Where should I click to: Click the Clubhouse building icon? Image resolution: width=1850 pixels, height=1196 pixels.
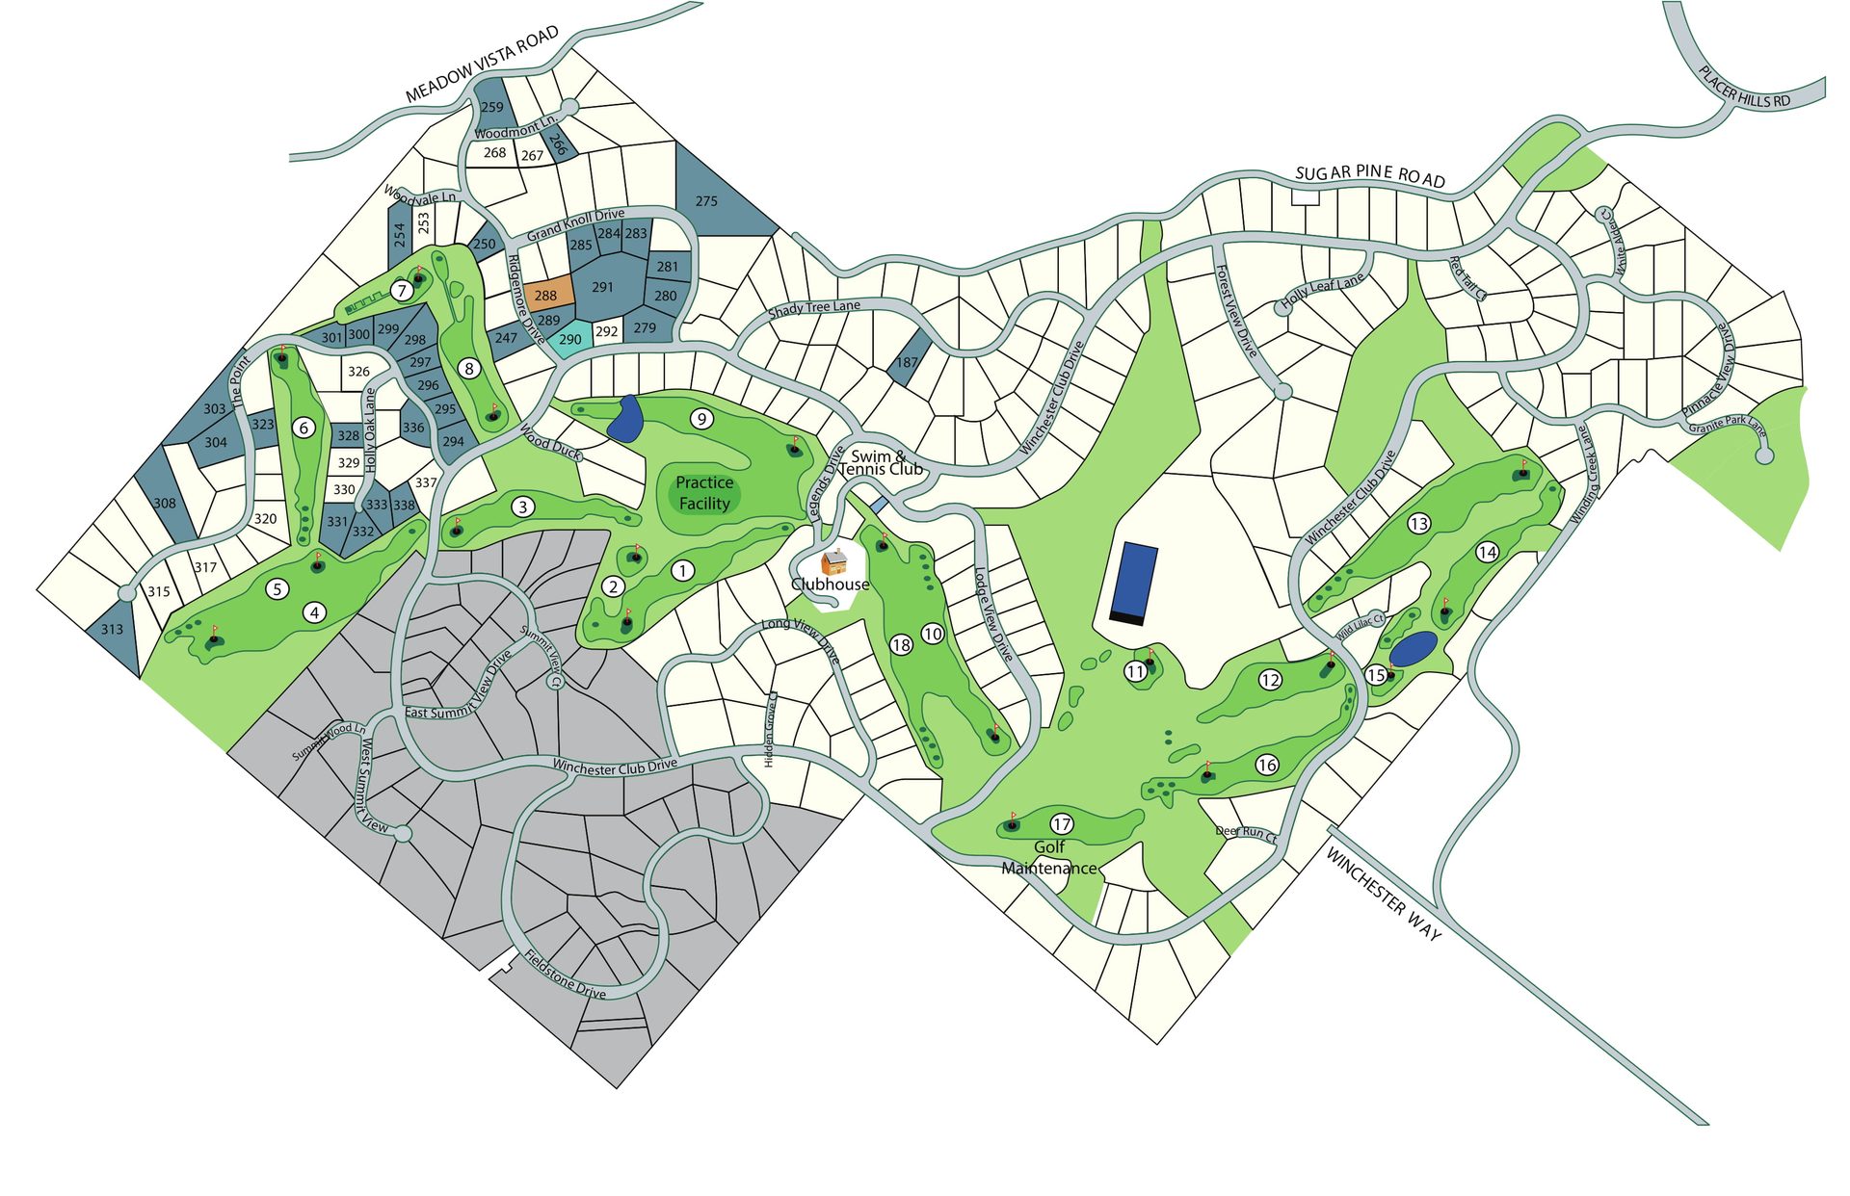tap(833, 561)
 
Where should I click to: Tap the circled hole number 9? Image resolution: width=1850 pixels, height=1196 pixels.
tap(702, 418)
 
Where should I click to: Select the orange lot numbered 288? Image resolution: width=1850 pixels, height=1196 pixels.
tap(546, 295)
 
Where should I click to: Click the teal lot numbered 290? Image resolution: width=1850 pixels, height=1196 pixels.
tap(570, 339)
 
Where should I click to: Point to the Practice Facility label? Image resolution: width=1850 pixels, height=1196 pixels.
tap(704, 493)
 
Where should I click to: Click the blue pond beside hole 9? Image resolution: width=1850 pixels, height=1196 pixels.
tap(625, 419)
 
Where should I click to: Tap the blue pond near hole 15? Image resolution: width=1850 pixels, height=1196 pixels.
tap(1414, 648)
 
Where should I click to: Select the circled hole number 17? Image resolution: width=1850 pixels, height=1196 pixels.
tap(1062, 823)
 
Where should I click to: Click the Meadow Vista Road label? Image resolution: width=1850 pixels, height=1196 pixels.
tap(482, 65)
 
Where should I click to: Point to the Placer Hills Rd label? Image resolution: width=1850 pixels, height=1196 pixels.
tap(1744, 88)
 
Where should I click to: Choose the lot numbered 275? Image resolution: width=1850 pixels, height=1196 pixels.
tap(706, 201)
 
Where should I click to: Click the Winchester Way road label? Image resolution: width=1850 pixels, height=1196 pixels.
tap(1384, 895)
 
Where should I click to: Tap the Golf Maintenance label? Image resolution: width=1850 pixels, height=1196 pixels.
tap(1049, 857)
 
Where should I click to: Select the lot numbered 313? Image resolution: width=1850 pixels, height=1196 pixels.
tap(112, 629)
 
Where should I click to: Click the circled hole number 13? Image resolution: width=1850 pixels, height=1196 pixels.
tap(1418, 524)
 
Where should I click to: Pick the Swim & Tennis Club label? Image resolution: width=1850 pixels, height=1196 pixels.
tap(880, 463)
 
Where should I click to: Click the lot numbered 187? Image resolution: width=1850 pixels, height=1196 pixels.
tap(907, 362)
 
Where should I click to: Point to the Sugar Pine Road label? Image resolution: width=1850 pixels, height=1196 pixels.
tap(1370, 175)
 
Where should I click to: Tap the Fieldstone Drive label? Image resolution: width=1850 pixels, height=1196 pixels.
tap(566, 975)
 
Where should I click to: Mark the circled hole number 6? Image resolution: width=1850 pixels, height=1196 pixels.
tap(304, 428)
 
